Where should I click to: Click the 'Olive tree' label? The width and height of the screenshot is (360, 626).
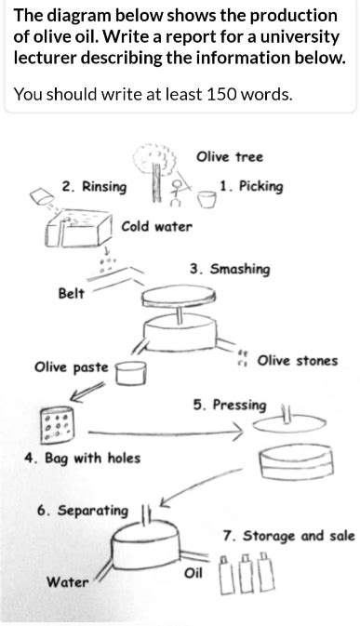[x=230, y=157]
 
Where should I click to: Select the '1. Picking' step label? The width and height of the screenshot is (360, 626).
[x=251, y=186]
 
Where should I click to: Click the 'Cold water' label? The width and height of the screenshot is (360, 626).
[x=156, y=227]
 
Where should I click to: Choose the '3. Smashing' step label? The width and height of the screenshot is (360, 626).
[x=230, y=270]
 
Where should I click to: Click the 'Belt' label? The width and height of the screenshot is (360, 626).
[x=71, y=294]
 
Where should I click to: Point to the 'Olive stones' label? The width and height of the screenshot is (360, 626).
[x=297, y=361]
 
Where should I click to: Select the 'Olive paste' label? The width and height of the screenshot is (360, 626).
[x=72, y=367]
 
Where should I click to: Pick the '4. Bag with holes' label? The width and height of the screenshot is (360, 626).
[x=83, y=459]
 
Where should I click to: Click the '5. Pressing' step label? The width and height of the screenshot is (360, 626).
[x=229, y=406]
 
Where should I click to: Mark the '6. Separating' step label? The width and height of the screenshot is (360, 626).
[x=83, y=511]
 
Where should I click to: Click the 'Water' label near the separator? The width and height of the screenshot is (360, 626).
[x=68, y=582]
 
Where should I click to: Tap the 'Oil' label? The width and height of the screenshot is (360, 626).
[x=193, y=572]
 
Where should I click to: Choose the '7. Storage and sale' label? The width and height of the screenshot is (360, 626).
[x=288, y=536]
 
